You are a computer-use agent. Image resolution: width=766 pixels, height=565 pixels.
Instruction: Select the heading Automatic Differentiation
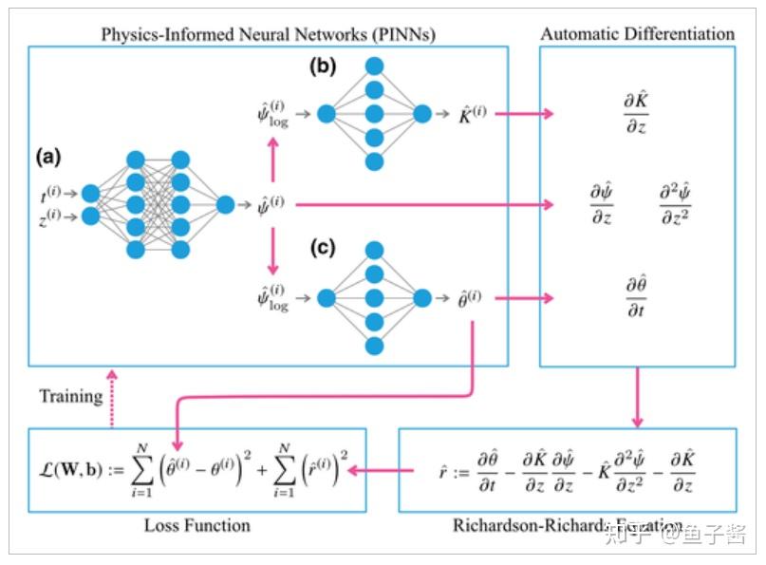pos(637,34)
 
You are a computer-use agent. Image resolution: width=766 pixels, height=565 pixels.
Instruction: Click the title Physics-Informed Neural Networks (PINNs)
pos(269,34)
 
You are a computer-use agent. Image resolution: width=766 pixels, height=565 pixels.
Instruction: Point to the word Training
pos(70,396)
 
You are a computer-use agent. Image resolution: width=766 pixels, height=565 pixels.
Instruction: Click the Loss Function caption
pos(196,525)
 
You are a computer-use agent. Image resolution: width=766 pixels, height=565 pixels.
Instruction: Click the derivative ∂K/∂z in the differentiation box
pos(635,112)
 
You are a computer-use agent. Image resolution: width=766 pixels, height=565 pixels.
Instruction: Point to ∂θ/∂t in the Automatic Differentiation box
pos(635,295)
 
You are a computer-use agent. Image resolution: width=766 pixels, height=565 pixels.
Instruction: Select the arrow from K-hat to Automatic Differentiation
pos(524,114)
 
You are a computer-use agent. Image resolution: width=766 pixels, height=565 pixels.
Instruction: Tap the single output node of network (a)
pos(226,204)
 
